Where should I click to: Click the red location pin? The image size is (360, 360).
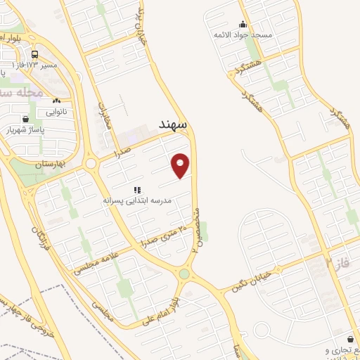[x=181, y=165]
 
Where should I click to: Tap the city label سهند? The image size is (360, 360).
[x=172, y=124]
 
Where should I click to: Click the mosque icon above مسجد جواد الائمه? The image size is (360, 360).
[x=243, y=24]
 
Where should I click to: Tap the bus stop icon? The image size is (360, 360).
[x=35, y=53]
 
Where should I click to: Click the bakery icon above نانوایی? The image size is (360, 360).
[x=56, y=101]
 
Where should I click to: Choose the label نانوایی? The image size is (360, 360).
[x=58, y=112]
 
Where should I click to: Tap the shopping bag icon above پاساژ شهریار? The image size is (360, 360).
[x=26, y=119]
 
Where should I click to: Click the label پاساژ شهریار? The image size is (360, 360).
[x=26, y=130]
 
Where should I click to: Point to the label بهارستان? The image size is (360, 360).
[x=49, y=163]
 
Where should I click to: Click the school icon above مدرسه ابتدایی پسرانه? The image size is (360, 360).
[x=137, y=190]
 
